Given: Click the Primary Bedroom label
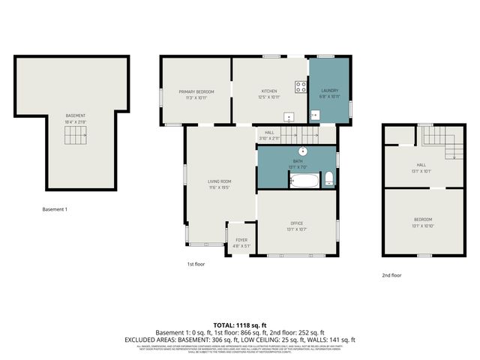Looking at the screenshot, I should pos(196,91).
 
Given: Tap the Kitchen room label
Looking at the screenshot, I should pos(269,91).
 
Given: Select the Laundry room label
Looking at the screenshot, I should pos(330,91).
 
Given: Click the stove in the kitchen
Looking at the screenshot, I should pos(300,86).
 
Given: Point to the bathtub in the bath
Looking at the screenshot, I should pos(304,180).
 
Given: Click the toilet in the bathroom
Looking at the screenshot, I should pos(328,178).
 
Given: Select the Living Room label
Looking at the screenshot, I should pos(220,181).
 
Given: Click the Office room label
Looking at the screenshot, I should pos(296,223).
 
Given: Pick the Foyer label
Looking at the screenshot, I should pos(241,240).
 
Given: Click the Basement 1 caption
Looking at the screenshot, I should pos(55,209).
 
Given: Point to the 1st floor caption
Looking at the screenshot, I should pos(196,264).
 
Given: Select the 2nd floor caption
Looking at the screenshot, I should pos(391,275).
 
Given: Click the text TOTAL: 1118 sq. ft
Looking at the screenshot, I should pos(239,325).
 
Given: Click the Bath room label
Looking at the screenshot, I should pos(298,160).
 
